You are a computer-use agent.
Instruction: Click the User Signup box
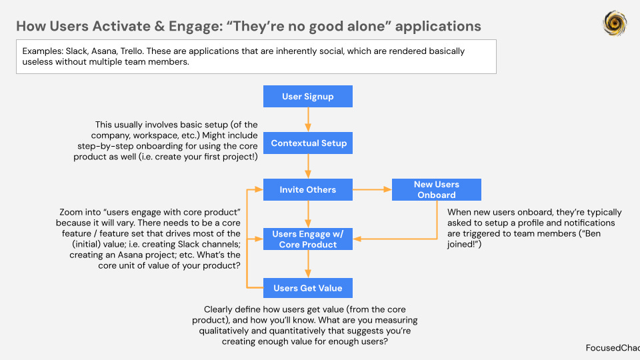tap(307, 97)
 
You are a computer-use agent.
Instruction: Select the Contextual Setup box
tap(307, 143)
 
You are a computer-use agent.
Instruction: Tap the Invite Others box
tap(307, 190)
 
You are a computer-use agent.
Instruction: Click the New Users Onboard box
tap(436, 190)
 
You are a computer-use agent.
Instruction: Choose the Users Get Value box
tap(307, 288)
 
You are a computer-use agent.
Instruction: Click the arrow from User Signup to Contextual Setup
tap(308, 120)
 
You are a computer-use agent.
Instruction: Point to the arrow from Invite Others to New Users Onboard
tap(372, 190)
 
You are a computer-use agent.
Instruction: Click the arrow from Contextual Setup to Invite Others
tap(308, 167)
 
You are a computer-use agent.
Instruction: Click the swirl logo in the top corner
tap(614, 23)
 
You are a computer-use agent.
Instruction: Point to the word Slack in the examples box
tap(78, 51)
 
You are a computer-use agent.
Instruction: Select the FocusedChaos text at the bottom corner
tap(612, 348)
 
